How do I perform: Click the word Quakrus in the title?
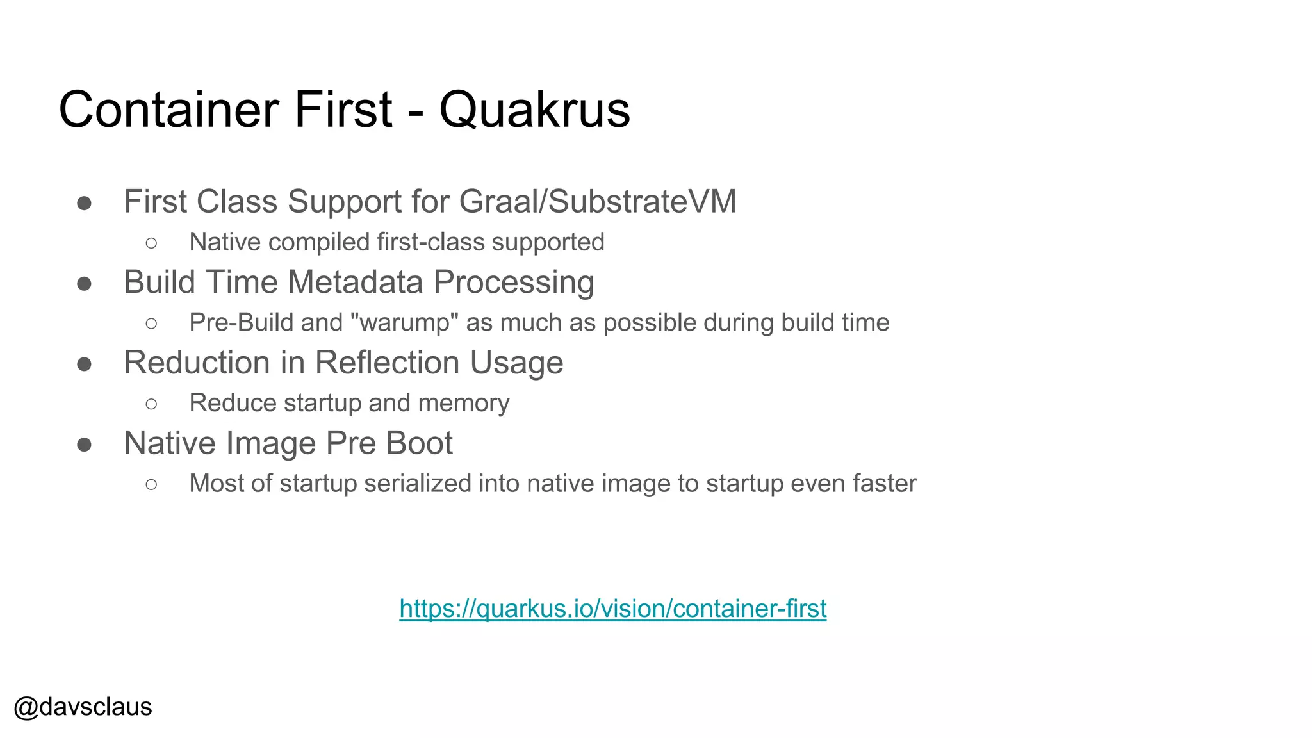pos(534,110)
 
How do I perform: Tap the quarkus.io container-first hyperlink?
pos(612,609)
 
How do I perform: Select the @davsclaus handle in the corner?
pos(83,707)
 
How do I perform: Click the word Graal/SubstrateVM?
pos(597,202)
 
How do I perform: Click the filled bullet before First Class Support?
pos(84,204)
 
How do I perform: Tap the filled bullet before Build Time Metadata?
pos(84,284)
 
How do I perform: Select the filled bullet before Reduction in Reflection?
pos(84,365)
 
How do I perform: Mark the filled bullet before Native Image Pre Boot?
pos(84,445)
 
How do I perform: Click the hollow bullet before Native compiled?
pos(151,243)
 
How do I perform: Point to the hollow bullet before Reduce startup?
pos(151,404)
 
